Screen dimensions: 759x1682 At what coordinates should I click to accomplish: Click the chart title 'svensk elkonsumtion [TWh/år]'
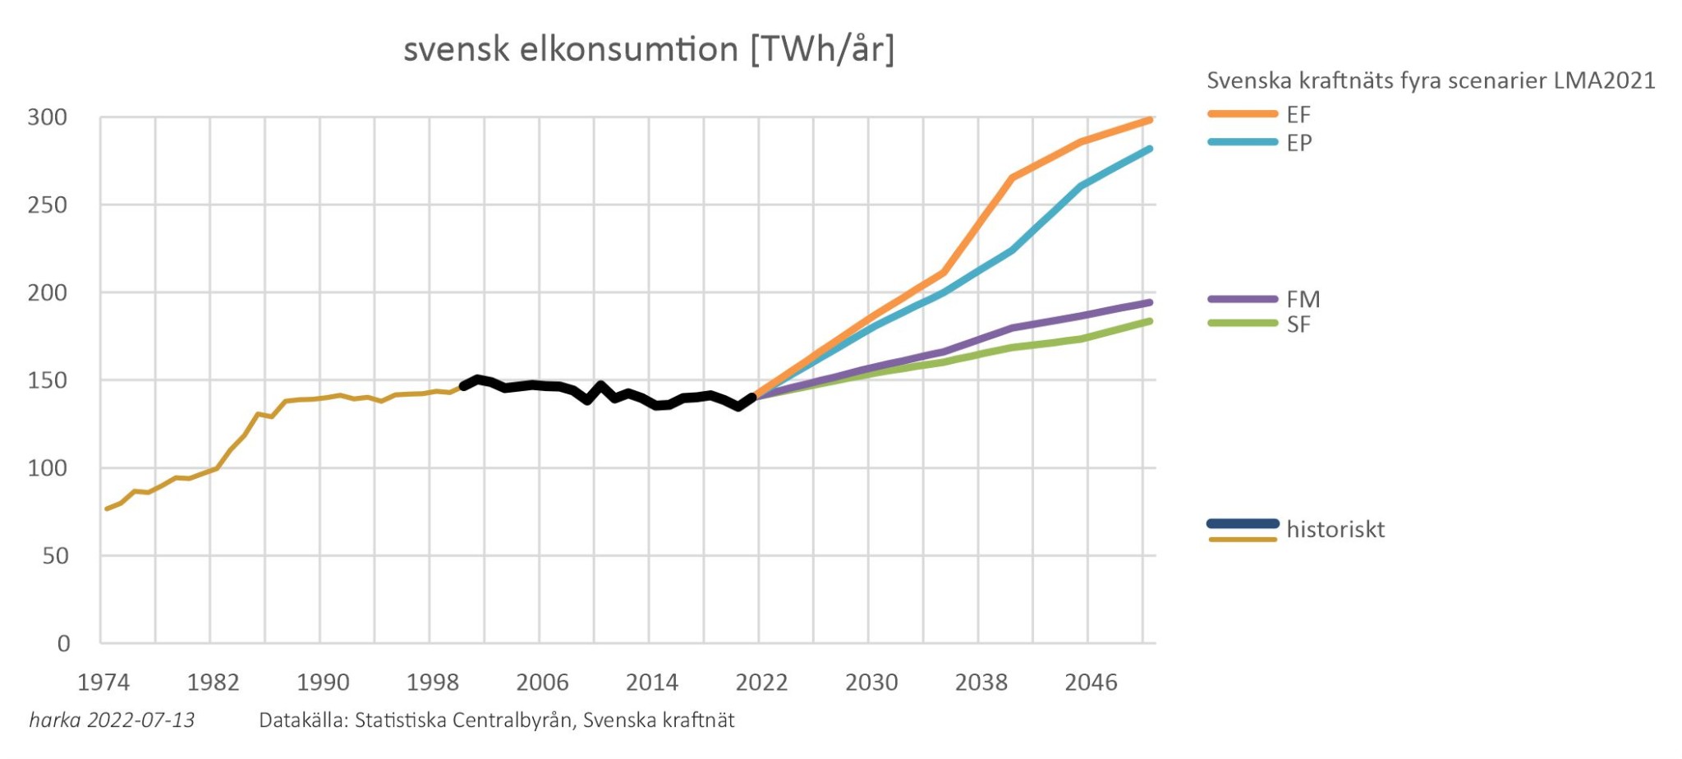click(648, 49)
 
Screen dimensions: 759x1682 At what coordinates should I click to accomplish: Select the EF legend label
click(1298, 114)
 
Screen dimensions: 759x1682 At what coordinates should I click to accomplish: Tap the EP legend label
click(1299, 143)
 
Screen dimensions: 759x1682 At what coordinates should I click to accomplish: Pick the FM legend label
click(1303, 299)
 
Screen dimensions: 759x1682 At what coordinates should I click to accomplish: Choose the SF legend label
click(1298, 324)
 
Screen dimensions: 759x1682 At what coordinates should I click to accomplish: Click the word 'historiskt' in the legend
click(1335, 529)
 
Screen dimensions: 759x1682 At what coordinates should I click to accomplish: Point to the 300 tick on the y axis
click(48, 117)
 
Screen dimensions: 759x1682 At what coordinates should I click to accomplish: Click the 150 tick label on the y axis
click(48, 380)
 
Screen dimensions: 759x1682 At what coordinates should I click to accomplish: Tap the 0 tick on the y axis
click(63, 644)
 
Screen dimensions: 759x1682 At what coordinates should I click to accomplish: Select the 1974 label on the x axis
click(103, 683)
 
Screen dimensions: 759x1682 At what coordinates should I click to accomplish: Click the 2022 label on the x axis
click(761, 683)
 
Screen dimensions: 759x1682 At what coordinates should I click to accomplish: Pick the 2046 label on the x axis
click(1091, 683)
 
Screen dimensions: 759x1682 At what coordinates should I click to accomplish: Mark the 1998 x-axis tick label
click(433, 683)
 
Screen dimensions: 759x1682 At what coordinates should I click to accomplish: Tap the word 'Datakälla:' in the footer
click(304, 720)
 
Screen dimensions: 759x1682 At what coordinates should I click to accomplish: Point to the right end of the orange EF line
click(1150, 120)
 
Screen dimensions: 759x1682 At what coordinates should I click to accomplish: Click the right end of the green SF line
click(1150, 321)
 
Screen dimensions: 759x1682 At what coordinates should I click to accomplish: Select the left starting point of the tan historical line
click(107, 509)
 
